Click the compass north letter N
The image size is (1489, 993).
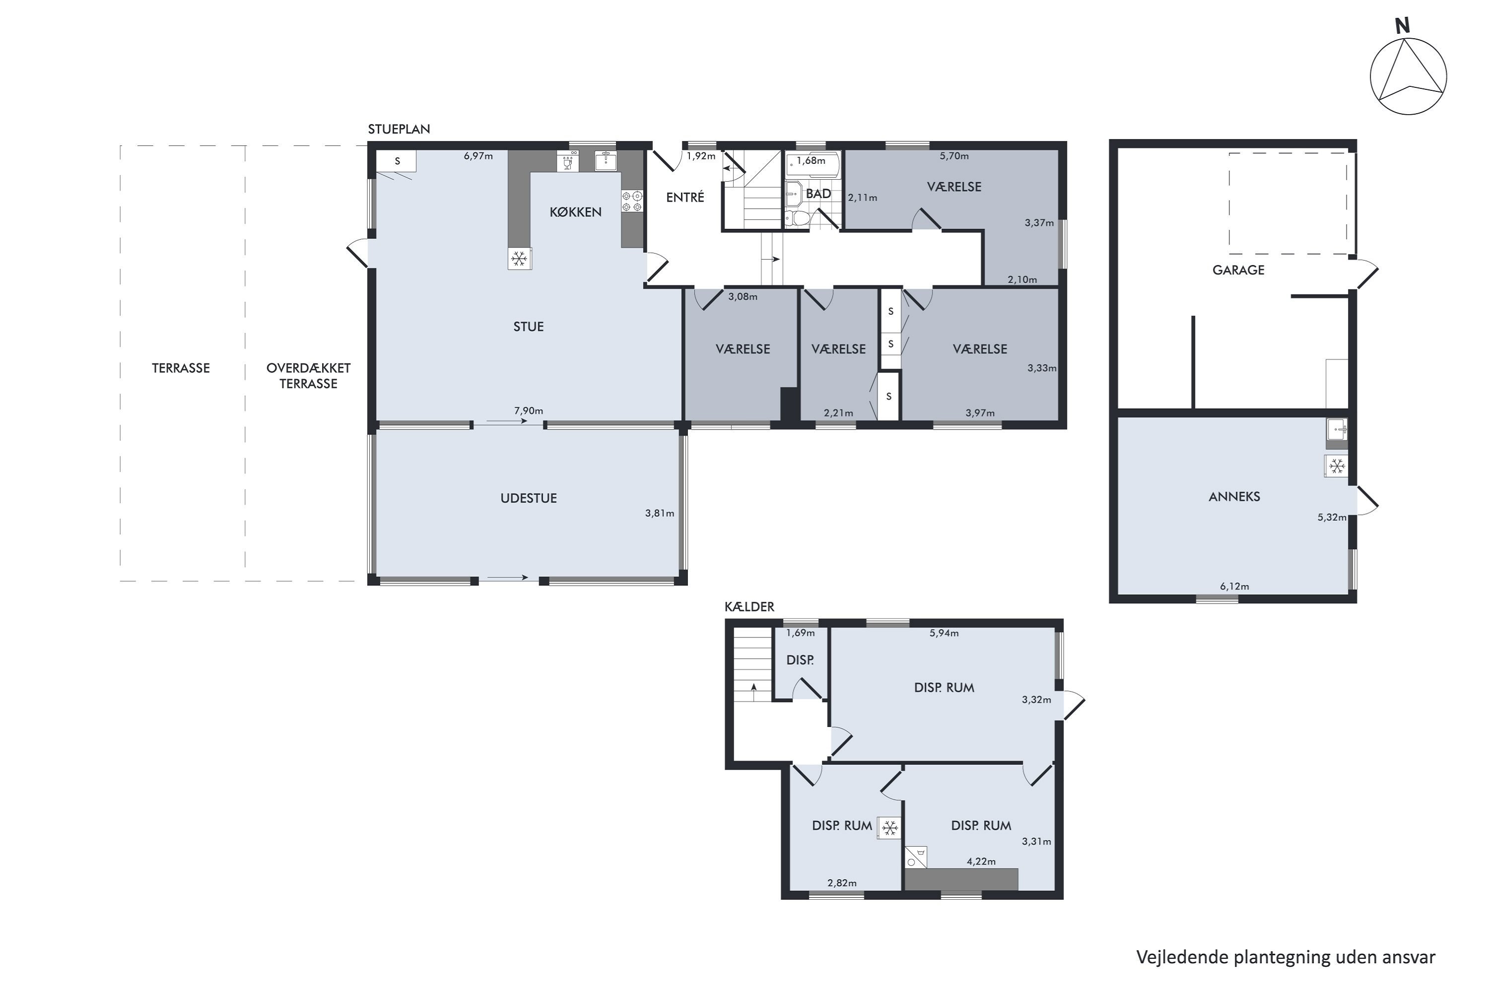click(1402, 26)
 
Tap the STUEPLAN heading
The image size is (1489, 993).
click(399, 129)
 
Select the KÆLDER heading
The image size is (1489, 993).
click(749, 607)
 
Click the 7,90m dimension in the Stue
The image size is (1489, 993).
click(528, 411)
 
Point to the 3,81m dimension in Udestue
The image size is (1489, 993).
click(659, 513)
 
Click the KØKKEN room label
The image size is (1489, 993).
click(575, 212)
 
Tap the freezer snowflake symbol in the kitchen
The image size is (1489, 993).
click(520, 258)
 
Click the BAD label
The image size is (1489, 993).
click(818, 194)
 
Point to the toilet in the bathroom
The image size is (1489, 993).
click(798, 218)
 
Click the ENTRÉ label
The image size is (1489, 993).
click(685, 197)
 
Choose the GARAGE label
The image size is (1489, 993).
click(1238, 270)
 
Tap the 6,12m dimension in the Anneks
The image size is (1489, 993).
click(1234, 586)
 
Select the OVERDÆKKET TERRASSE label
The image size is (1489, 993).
click(308, 375)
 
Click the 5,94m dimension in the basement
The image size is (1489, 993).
click(944, 633)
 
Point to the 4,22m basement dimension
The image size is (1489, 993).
click(981, 861)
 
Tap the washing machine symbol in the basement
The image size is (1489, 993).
click(915, 857)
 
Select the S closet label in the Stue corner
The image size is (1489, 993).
click(398, 161)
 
